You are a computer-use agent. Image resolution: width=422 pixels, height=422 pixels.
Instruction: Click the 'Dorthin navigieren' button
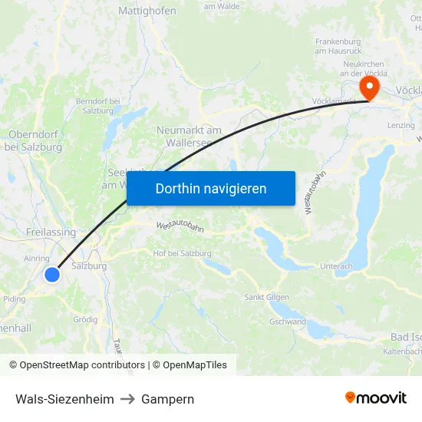[210, 188]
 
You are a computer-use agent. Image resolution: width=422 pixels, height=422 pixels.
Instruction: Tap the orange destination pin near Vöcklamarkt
[369, 86]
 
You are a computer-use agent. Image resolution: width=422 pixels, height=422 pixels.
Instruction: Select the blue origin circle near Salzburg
[52, 274]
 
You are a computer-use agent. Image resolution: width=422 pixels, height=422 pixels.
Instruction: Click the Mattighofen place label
[147, 11]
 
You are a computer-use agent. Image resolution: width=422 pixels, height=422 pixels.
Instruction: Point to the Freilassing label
[51, 232]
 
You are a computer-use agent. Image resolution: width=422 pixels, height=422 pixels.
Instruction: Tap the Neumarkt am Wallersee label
[189, 136]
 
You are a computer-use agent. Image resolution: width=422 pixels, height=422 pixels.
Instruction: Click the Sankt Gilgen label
[266, 297]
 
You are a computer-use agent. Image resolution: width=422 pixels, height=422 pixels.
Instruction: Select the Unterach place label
[336, 266]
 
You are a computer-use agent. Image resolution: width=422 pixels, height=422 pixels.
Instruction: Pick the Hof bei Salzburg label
[182, 253]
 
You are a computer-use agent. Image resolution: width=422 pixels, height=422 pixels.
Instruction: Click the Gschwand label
[288, 322]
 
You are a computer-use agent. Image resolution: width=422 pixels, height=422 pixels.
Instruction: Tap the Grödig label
[84, 319]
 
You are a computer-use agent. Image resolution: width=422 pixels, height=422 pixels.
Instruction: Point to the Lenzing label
[401, 125]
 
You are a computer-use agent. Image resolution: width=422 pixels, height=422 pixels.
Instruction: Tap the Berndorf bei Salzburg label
[97, 106]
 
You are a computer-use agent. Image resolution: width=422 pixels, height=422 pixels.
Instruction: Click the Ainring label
[36, 259]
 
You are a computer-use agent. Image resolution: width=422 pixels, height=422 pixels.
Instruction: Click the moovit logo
[375, 397]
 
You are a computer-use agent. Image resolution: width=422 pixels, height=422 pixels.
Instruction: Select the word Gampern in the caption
[167, 399]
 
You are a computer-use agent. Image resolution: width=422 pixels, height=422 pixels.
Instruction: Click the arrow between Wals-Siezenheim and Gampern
[127, 399]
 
